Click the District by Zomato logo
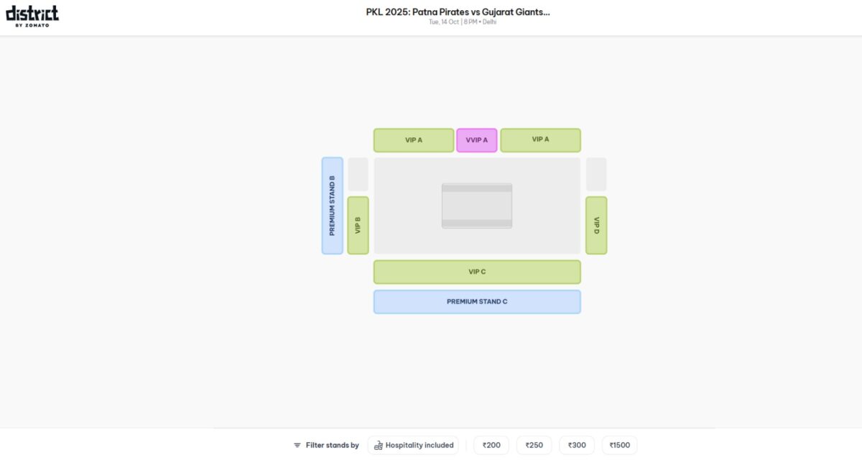(x=32, y=16)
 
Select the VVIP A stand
(x=476, y=140)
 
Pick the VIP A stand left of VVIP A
(x=414, y=140)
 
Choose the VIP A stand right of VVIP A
(x=540, y=140)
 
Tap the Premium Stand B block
(x=332, y=206)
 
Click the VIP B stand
(x=358, y=225)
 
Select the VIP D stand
(x=596, y=225)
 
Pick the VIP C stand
(x=477, y=272)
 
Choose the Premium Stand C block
(x=477, y=302)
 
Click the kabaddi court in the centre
(x=477, y=206)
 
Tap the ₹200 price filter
(x=491, y=445)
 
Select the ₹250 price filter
(x=534, y=445)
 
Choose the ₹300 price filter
(x=577, y=445)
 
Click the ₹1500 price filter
(x=619, y=445)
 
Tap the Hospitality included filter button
(x=414, y=445)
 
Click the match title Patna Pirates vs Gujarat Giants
(x=458, y=11)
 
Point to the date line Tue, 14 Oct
(x=462, y=22)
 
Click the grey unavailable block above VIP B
(x=358, y=175)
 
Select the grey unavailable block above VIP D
(x=596, y=175)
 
